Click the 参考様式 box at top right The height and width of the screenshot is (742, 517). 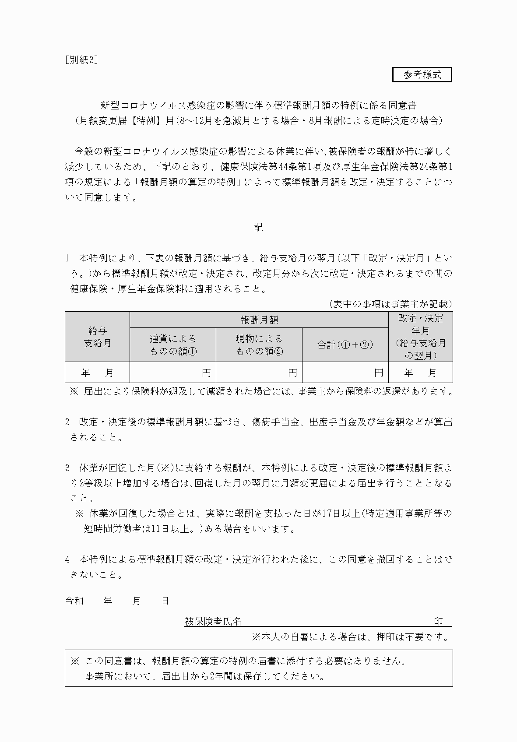tap(422, 75)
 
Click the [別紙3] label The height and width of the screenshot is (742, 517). tap(81, 60)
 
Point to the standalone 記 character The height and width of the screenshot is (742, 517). tap(258, 228)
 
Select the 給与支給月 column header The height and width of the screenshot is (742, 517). tap(97, 337)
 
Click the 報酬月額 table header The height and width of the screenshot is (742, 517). tap(259, 320)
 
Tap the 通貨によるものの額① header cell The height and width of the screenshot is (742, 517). tap(172, 345)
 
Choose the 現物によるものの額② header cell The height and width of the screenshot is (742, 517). tap(259, 345)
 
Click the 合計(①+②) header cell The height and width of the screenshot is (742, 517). tap(345, 345)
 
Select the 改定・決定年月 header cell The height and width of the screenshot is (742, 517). tap(420, 337)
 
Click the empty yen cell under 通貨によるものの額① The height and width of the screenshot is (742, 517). tap(172, 373)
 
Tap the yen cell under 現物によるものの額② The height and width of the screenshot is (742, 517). tap(259, 373)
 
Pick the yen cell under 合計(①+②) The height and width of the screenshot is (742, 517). tap(345, 373)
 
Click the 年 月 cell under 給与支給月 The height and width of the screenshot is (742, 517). tap(97, 373)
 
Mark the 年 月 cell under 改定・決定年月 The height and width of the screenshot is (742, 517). tap(420, 373)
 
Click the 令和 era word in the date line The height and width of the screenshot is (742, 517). tap(74, 601)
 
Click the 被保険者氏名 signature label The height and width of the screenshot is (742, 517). tap(213, 621)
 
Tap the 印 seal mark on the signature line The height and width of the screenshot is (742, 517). tap(438, 621)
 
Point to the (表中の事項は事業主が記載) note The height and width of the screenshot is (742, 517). tap(390, 304)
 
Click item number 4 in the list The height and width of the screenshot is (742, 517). tap(67, 559)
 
